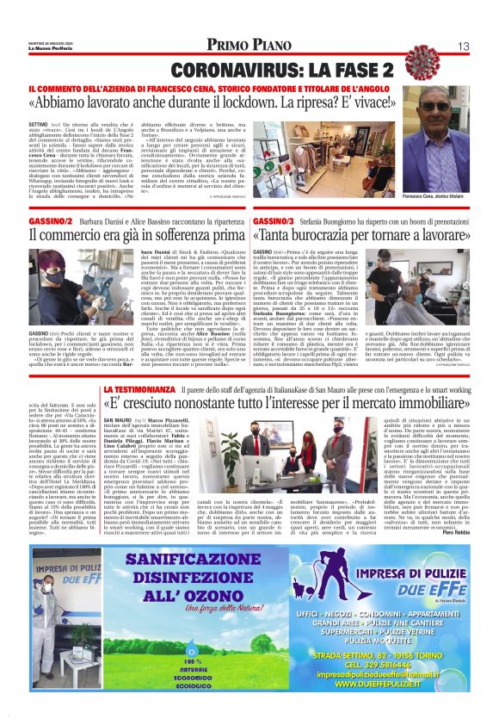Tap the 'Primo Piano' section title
[x=249, y=46]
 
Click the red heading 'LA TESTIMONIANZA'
[x=140, y=391]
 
